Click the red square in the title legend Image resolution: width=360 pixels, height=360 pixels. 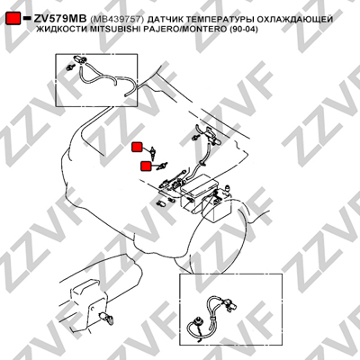13,19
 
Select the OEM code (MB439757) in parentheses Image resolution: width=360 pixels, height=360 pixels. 117,20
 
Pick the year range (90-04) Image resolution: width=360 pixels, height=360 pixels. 245,30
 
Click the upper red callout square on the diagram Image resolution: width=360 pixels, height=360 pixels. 137,147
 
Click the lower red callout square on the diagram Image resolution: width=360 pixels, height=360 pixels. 147,166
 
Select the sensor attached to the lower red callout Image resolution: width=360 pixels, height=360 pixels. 162,166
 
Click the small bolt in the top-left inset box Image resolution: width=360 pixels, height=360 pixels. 70,67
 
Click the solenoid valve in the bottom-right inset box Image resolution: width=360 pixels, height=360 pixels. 231,304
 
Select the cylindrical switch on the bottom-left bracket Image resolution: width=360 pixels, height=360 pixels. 105,317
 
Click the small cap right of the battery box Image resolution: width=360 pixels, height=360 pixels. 229,188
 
